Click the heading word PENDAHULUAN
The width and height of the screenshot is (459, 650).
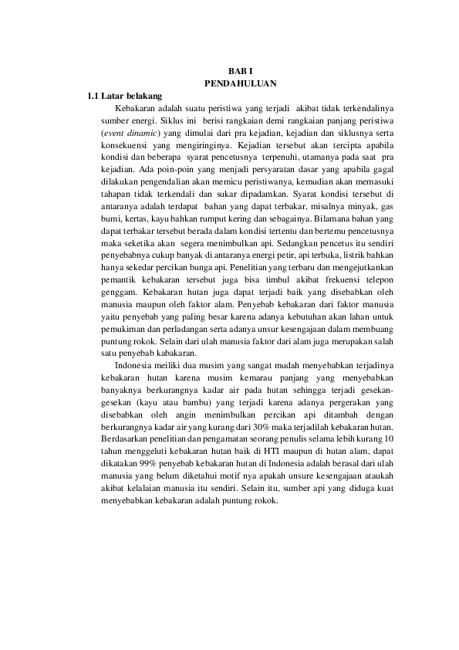(x=240, y=83)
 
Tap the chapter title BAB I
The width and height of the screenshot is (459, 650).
(x=240, y=70)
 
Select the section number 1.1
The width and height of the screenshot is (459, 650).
(x=93, y=96)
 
